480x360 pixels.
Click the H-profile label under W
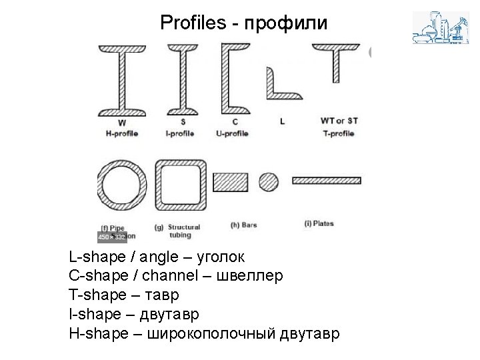121,133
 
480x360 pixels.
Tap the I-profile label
180,133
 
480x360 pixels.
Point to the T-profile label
339,133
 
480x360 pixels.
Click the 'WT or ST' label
339,121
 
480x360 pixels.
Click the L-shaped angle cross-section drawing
273,87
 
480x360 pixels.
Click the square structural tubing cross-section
181,183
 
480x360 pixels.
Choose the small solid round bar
268,181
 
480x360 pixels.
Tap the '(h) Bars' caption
243,225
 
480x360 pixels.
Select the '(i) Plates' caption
319,223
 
